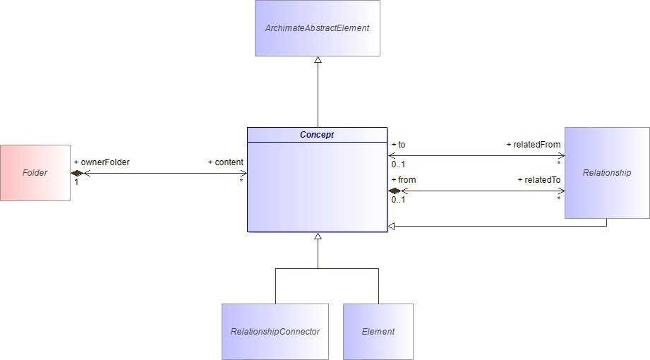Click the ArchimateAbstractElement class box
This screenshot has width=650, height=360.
tap(317, 28)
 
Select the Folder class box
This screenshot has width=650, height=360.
tap(35, 173)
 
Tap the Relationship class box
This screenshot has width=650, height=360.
tap(607, 173)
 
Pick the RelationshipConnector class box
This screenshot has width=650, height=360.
tap(275, 332)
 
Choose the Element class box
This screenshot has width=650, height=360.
tap(378, 332)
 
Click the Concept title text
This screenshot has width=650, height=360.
tap(317, 135)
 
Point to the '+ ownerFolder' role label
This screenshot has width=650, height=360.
tap(102, 162)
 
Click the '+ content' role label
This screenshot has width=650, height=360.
tap(226, 162)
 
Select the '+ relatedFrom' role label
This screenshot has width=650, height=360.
tap(534, 145)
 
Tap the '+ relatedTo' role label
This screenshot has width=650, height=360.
tap(539, 180)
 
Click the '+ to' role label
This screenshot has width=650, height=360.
tap(398, 145)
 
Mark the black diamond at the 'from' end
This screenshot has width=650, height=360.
tap(395, 191)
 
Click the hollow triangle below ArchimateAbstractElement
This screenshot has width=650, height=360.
tap(318, 61)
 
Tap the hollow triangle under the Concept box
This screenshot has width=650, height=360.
tap(318, 236)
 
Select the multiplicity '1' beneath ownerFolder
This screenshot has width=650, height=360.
tap(76, 182)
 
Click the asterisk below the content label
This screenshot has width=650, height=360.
tap(241, 181)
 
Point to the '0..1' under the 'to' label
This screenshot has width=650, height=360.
tap(398, 164)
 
